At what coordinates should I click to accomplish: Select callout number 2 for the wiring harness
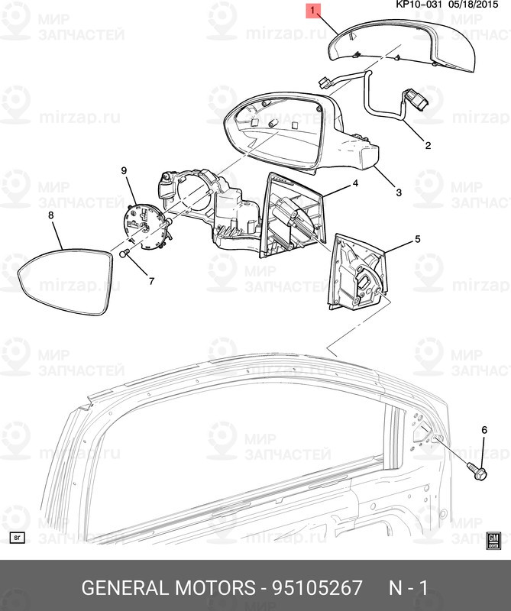click(428, 145)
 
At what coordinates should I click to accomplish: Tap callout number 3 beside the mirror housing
click(398, 192)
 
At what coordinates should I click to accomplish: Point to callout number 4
click(354, 184)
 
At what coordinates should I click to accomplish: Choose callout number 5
click(417, 239)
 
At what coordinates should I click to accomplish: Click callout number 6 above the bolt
click(483, 431)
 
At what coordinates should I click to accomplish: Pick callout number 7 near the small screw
click(150, 281)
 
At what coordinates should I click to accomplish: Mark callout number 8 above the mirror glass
click(51, 215)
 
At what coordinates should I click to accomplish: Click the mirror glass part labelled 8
click(65, 283)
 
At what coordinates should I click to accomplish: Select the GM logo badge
click(493, 540)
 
